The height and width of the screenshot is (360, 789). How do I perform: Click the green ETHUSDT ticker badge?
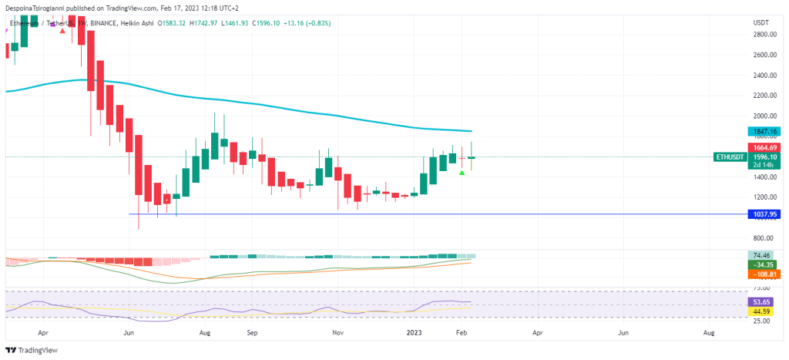click(x=730, y=157)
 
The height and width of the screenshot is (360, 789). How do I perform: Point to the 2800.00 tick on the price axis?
click(x=764, y=35)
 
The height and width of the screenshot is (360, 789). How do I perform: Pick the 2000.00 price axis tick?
click(x=764, y=116)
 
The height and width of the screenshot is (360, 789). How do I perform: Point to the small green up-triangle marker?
click(x=462, y=173)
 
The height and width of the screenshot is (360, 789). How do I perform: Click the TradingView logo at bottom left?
click(x=32, y=350)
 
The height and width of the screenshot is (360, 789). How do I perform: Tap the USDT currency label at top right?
click(x=761, y=22)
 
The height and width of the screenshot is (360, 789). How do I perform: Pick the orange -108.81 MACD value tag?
click(x=764, y=274)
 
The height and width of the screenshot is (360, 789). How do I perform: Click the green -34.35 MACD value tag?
click(x=764, y=264)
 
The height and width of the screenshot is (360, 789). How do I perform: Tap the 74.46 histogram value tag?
click(x=764, y=254)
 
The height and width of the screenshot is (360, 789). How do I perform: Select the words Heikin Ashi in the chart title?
click(x=136, y=23)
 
